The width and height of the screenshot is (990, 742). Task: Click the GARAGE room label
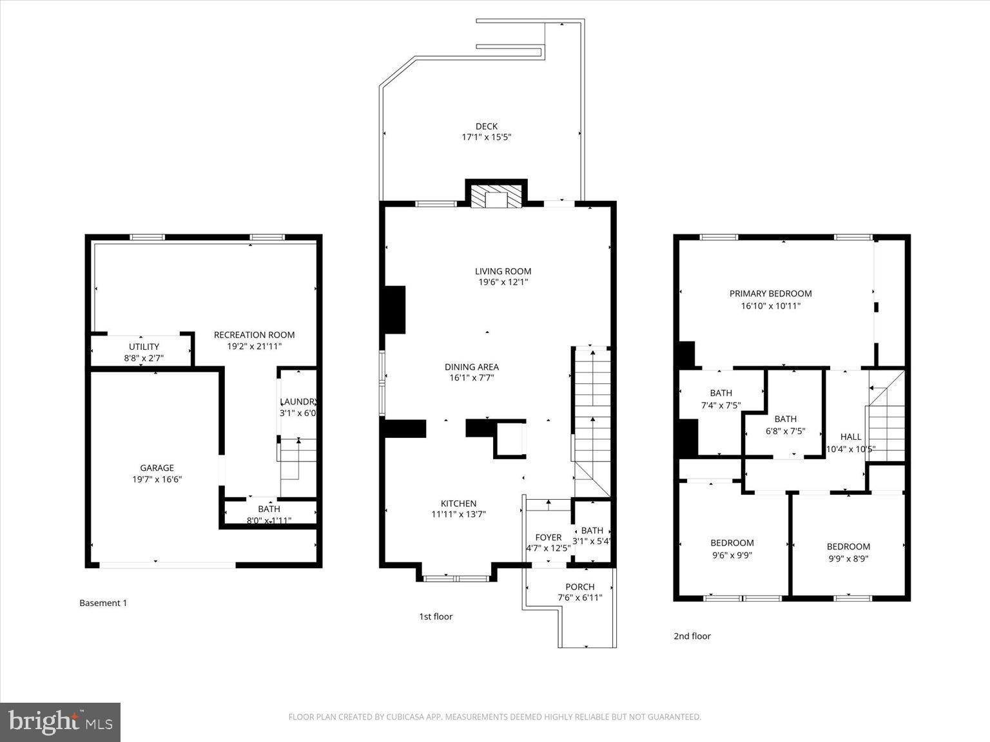point(157,468)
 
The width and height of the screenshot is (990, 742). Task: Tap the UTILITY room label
point(144,347)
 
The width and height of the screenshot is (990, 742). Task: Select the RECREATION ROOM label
point(254,335)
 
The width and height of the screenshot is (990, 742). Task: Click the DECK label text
point(486,126)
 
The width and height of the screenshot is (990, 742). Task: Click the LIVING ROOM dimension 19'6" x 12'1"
point(503,282)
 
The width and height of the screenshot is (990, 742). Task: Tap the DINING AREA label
point(471,367)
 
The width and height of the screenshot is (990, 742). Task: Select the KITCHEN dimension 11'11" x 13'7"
point(458,514)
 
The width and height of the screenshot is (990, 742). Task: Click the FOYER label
point(548,537)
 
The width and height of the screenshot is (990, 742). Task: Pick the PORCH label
point(579,587)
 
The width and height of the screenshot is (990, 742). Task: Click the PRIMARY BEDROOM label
point(770,294)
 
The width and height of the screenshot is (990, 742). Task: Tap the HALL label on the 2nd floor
point(851,437)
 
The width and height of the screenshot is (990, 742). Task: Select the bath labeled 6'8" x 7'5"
point(785,425)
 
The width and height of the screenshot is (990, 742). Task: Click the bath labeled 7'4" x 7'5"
point(721,399)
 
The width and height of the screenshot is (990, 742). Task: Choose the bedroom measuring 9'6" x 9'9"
point(732,549)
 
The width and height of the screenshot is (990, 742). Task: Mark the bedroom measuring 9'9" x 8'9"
point(848,553)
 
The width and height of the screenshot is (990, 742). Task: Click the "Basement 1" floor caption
point(103,603)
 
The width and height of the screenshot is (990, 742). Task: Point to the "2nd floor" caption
point(692,636)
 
